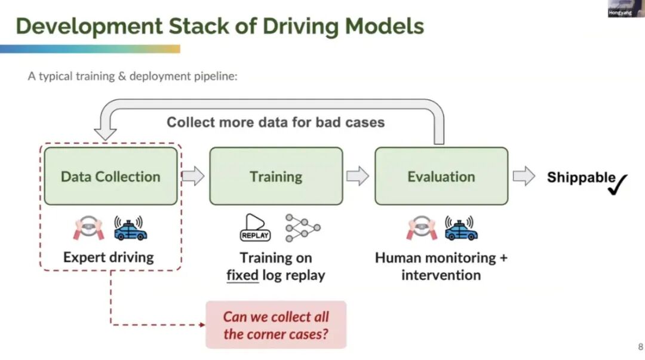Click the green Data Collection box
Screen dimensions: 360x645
click(110, 176)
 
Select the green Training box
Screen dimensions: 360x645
click(276, 176)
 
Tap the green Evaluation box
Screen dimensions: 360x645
click(441, 176)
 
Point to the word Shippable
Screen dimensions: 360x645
click(580, 177)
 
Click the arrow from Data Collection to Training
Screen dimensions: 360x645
click(193, 176)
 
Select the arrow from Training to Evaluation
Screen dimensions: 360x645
click(358, 176)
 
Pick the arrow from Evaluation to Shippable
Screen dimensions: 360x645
click(523, 176)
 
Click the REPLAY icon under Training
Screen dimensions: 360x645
click(255, 227)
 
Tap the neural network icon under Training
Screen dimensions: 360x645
click(302, 227)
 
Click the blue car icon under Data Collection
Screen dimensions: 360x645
click(131, 228)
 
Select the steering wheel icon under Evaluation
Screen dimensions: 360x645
click(422, 228)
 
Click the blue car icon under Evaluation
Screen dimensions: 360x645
click(461, 228)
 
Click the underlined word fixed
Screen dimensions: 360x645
click(242, 275)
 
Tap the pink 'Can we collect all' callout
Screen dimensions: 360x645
click(276, 325)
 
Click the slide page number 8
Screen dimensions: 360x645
click(640, 346)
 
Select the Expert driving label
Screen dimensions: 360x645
click(109, 257)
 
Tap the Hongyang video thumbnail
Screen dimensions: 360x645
click(626, 9)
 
